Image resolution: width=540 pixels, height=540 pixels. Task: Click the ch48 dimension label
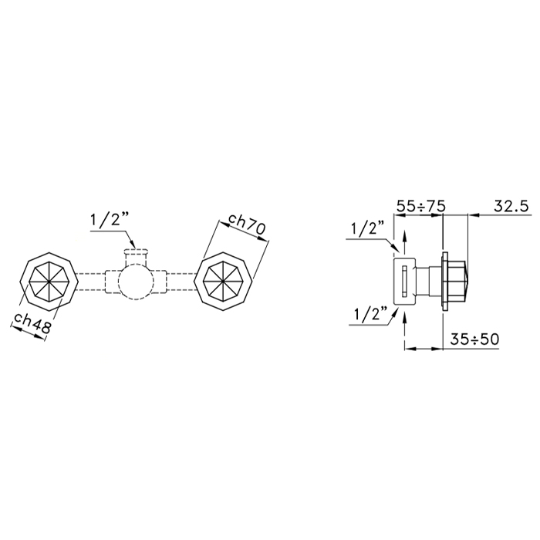click(x=32, y=324)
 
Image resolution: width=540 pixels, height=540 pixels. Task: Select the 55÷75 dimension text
click(x=421, y=207)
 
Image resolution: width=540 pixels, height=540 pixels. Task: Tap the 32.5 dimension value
click(x=511, y=206)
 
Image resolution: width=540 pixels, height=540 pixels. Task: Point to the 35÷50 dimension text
click(x=474, y=339)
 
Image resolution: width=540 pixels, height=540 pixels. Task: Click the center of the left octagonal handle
click(x=49, y=282)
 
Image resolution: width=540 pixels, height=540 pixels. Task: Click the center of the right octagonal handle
click(x=224, y=282)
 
